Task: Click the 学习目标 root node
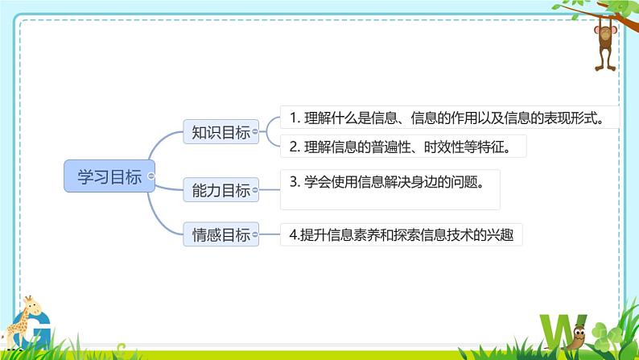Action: [x=108, y=176]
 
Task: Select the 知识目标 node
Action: [x=220, y=132]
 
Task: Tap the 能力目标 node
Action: [x=220, y=191]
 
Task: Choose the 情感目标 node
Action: [x=220, y=235]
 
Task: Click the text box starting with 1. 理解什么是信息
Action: [x=449, y=118]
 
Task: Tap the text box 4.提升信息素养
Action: [x=400, y=235]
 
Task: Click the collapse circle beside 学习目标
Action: [x=152, y=176]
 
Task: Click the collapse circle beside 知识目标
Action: [x=257, y=132]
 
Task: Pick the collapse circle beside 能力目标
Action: [x=257, y=191]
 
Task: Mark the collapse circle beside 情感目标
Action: [x=257, y=235]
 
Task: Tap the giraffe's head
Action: [x=30, y=304]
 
